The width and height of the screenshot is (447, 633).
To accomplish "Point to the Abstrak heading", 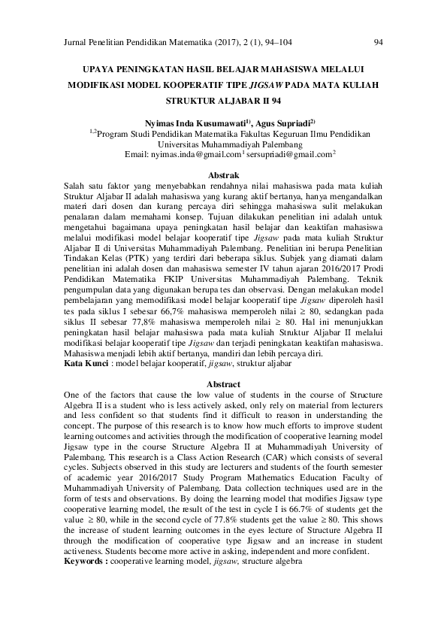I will point(222,174).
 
